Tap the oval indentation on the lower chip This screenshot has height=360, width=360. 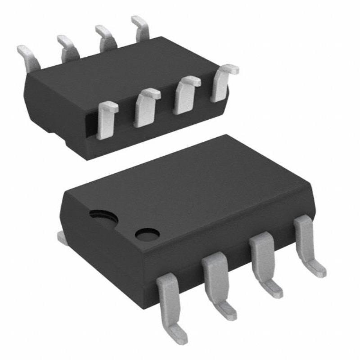pyautogui.click(x=103, y=218)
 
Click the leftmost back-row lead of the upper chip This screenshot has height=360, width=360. pyautogui.click(x=28, y=57)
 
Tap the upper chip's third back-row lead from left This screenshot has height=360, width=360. pyautogui.click(x=105, y=38)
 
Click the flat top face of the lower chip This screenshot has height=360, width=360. pyautogui.click(x=189, y=184)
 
